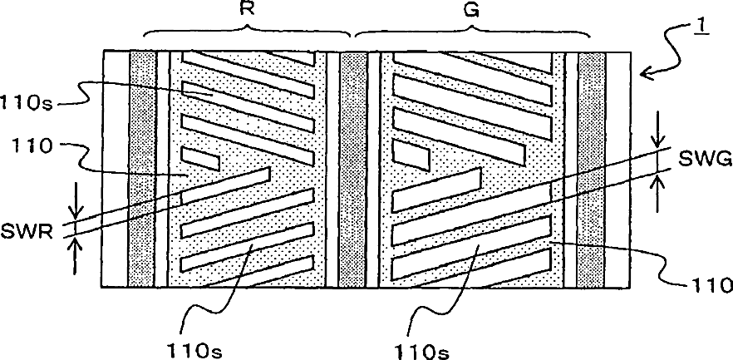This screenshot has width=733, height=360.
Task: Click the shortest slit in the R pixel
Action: [199, 155]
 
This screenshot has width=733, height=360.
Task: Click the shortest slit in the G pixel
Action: [411, 151]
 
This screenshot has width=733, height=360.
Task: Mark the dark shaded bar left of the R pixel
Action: [143, 170]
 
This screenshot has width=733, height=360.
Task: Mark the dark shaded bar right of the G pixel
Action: [591, 170]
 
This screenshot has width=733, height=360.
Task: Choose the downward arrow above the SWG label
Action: [658, 134]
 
